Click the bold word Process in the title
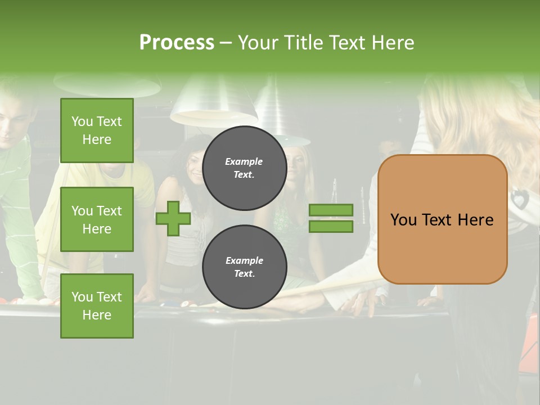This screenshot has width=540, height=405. pos(177,43)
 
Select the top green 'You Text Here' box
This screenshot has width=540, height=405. pos(97,130)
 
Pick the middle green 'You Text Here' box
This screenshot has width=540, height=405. pos(97,219)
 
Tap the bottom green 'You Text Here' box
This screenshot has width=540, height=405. pos(97,305)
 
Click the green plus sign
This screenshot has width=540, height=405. pos(173,218)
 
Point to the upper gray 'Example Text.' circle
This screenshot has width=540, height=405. pos(244,168)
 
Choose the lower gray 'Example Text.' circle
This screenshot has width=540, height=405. pos(244,267)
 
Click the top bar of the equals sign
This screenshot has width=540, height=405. pos(331,210)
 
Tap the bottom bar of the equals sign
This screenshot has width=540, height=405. pos(331,227)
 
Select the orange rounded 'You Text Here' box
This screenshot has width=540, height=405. pos(442,219)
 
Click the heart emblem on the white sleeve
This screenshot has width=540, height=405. pos(519,197)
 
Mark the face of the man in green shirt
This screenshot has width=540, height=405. pos(12,124)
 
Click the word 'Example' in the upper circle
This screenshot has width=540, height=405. pos(244,161)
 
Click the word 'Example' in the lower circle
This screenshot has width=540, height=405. pos(244,260)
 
